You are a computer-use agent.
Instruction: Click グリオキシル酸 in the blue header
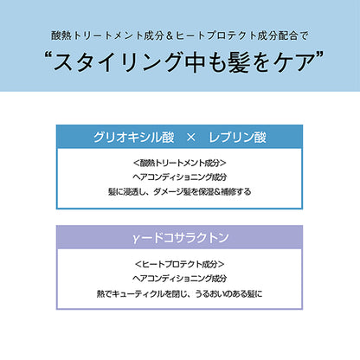pos(133,138)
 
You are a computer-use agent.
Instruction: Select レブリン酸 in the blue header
pos(237,138)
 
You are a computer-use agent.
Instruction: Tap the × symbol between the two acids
pos(191,138)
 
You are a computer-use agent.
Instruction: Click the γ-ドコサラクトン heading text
pos(181,238)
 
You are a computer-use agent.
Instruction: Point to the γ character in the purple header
pos(136,239)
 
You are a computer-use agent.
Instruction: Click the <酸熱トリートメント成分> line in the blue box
pos(179,163)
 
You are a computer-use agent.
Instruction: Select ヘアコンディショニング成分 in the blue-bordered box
pos(179,177)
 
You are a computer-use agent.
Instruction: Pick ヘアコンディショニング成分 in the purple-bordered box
pos(179,279)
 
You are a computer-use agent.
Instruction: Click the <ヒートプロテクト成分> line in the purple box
pos(179,264)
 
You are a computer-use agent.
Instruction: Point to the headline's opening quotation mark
pos(48,55)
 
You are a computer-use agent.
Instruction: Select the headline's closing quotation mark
pos(318,55)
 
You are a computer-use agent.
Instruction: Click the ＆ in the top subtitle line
pos(170,35)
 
